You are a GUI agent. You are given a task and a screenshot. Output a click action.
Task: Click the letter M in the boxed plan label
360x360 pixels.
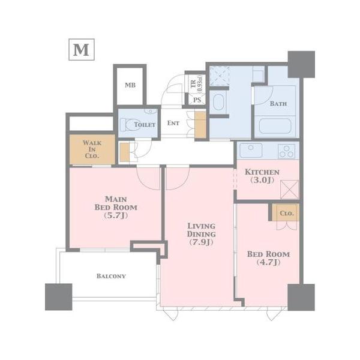(x=81, y=50)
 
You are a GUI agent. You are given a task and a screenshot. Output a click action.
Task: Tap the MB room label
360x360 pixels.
(x=130, y=85)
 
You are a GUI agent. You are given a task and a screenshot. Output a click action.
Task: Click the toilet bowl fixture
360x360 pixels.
(x=129, y=125)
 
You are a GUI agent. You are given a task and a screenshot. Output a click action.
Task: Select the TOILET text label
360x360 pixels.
(x=145, y=125)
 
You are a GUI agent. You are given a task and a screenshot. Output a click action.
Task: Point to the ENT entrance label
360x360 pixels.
(x=173, y=123)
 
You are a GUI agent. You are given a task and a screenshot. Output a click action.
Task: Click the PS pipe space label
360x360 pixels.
(x=197, y=100)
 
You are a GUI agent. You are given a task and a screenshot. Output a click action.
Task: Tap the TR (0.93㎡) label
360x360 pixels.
(x=197, y=83)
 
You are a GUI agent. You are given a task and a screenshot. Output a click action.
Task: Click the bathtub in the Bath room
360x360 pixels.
(x=275, y=126)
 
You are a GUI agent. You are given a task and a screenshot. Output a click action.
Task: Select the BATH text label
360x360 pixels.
(x=278, y=104)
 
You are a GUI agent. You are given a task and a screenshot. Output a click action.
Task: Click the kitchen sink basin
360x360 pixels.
(x=251, y=151)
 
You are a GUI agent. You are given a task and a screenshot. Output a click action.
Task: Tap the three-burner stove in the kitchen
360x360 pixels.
(x=287, y=151)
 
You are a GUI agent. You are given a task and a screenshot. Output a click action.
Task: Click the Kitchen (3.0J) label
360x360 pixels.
(x=262, y=176)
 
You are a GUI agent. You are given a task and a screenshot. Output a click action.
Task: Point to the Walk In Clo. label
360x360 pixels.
(x=92, y=149)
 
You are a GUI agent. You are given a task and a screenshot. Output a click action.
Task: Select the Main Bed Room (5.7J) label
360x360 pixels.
(x=116, y=208)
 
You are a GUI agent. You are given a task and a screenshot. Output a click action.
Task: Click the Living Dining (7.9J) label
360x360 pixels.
(x=202, y=234)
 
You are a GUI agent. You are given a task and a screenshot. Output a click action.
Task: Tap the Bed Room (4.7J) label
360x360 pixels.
(x=268, y=258)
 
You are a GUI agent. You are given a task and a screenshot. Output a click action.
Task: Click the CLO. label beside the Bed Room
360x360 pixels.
(x=287, y=213)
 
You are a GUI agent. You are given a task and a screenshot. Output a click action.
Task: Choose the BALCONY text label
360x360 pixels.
(x=111, y=276)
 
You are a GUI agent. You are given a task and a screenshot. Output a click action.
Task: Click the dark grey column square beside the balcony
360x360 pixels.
(x=59, y=297)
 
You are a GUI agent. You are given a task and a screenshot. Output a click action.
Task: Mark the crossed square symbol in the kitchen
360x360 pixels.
(x=290, y=190)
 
